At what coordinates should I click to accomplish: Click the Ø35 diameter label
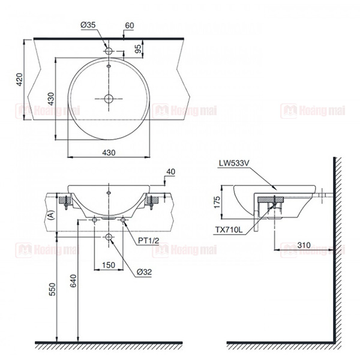click(88, 25)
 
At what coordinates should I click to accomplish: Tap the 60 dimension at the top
click(129, 25)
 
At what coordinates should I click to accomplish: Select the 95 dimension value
click(138, 49)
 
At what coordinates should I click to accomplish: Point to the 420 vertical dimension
click(20, 79)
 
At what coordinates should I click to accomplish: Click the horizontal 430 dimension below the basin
click(109, 152)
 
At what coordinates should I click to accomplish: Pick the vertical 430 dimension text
click(51, 99)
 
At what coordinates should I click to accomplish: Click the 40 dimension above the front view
click(170, 172)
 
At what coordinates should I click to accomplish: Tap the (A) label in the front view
click(52, 215)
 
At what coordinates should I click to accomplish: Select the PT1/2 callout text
click(149, 241)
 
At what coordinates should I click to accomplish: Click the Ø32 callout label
click(144, 272)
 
